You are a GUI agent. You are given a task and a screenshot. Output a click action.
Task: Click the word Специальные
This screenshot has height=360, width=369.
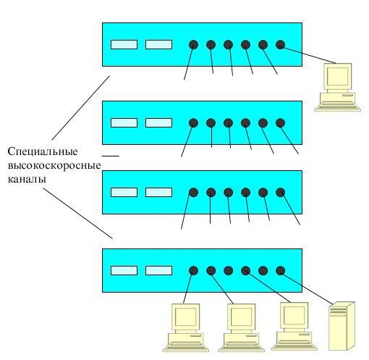(x=43, y=152)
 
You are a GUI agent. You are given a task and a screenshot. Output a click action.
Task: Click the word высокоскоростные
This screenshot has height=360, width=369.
(x=54, y=166)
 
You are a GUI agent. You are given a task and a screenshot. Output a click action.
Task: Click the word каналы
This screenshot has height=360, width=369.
(x=27, y=180)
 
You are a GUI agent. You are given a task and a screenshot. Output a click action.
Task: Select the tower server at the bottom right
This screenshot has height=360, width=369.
(x=342, y=326)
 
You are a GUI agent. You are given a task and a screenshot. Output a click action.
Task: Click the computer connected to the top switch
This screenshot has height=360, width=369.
(x=337, y=87)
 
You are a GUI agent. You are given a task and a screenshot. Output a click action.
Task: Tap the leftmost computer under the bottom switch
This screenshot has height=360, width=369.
(x=185, y=327)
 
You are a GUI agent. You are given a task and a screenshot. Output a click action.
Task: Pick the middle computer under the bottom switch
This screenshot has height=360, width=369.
(x=242, y=327)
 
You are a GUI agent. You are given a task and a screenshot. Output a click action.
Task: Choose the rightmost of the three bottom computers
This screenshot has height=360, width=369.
(x=294, y=326)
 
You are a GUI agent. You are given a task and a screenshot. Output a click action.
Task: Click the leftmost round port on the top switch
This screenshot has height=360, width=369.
(x=193, y=45)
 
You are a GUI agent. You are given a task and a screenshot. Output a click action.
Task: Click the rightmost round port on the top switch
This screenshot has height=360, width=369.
(x=280, y=45)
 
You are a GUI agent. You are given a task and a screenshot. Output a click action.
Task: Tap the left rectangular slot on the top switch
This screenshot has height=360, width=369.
(x=124, y=44)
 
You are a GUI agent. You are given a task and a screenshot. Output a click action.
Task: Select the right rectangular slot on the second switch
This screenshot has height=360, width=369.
(x=158, y=122)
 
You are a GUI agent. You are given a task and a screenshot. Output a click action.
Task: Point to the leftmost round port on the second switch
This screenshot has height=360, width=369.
(x=193, y=123)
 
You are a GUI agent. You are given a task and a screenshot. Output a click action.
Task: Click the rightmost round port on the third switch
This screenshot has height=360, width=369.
(x=280, y=193)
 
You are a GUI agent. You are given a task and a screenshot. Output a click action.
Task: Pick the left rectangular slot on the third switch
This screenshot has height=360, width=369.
(x=124, y=192)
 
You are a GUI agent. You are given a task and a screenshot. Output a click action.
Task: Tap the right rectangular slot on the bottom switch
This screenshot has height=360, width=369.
(x=158, y=270)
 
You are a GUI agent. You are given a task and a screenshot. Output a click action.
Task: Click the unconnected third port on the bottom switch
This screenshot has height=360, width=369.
(x=228, y=271)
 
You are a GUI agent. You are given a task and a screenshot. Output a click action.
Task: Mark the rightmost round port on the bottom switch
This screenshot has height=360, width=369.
(x=280, y=271)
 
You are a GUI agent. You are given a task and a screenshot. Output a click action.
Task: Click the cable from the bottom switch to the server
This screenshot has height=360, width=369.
(x=307, y=288)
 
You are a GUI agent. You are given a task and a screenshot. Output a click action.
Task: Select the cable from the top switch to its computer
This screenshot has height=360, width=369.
(x=308, y=54)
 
